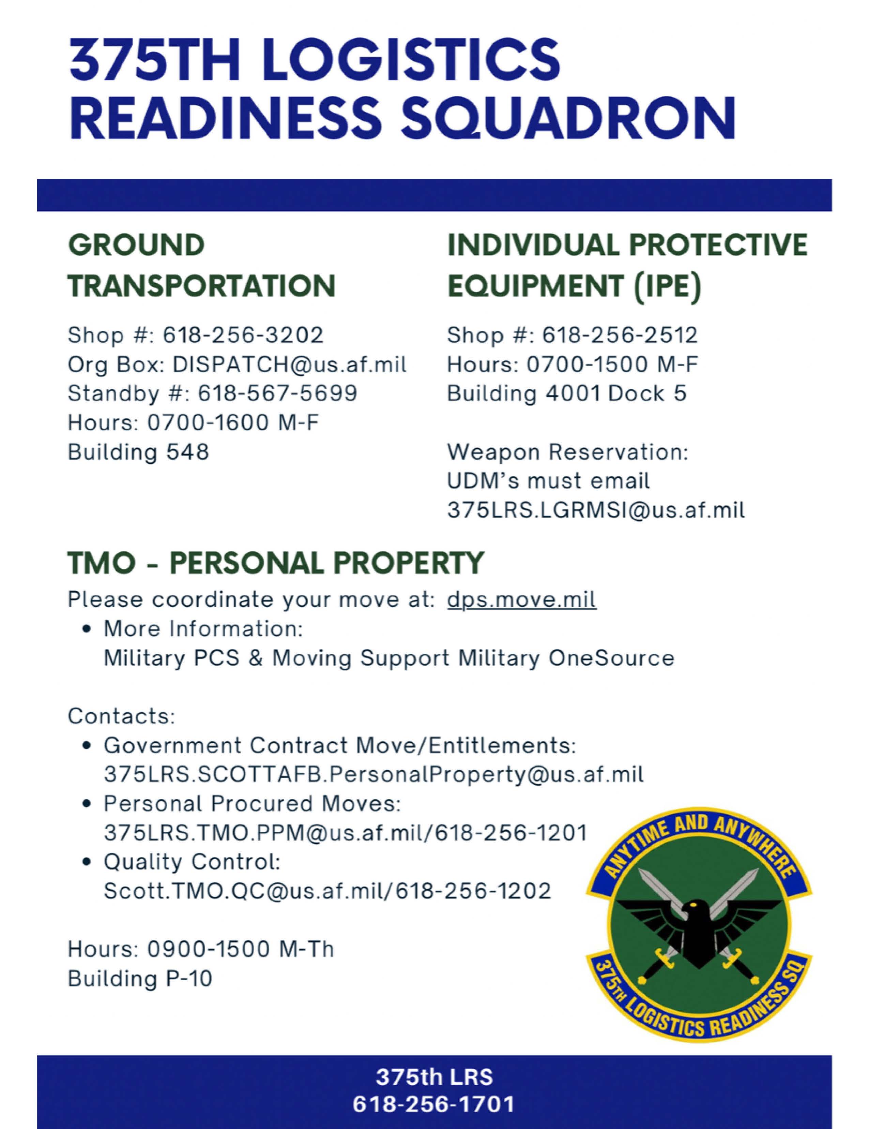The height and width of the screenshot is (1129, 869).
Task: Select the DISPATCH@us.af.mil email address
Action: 289,365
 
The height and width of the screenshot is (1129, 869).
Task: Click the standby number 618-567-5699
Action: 277,393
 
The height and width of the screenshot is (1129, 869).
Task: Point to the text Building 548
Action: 138,452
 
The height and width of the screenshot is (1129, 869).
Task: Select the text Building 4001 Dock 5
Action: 566,393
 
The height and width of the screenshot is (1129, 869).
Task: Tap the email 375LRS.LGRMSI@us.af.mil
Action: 596,510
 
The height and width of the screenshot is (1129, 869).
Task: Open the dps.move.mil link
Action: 521,600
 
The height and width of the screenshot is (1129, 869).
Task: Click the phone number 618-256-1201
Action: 511,833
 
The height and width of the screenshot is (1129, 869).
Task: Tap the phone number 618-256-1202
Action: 473,891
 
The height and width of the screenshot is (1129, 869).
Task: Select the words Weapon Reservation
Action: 567,452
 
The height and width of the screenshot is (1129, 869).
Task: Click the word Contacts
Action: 121,716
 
